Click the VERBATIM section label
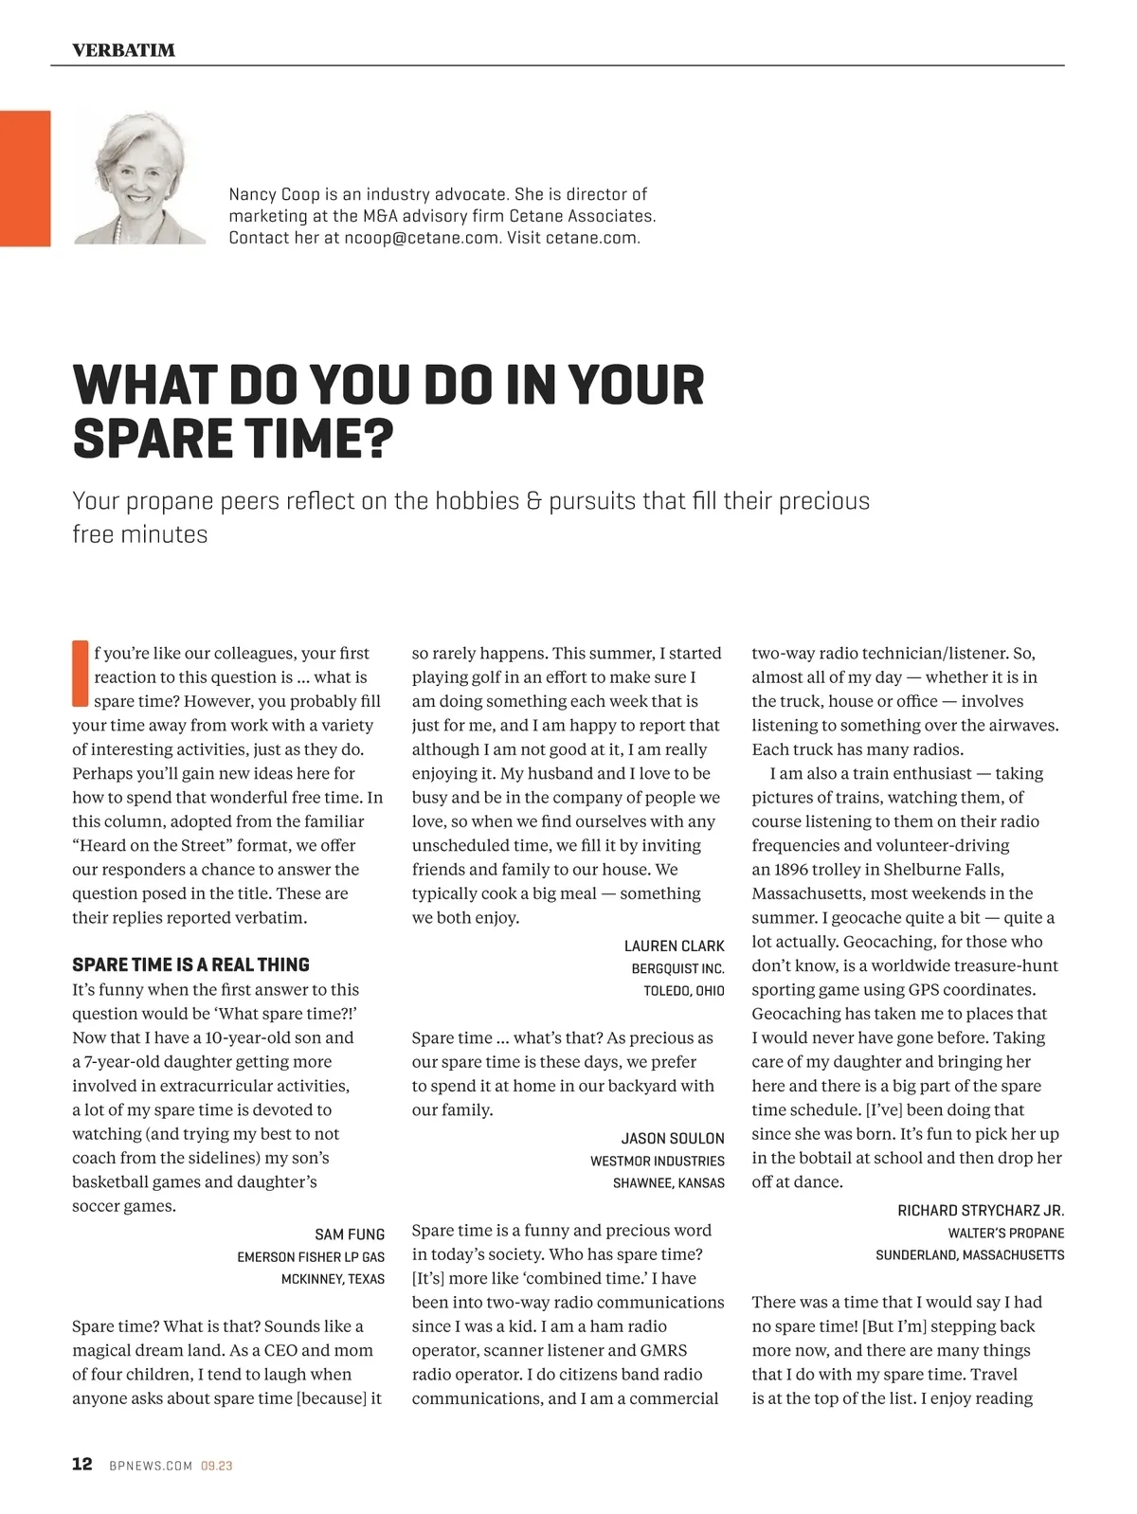123,50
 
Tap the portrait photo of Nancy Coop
139,179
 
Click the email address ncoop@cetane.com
421,238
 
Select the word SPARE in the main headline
152,439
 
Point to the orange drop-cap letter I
80,675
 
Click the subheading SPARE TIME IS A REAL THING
190,964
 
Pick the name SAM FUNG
350,1235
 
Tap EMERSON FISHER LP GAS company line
311,1257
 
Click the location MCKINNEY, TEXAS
333,1279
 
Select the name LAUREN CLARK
674,946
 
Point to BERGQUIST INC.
677,968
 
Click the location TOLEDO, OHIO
683,991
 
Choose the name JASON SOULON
672,1138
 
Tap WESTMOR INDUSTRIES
657,1161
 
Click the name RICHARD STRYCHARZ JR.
981,1211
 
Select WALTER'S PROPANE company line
1005,1234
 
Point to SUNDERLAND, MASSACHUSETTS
969,1255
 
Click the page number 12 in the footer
82,1464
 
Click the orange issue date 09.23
217,1466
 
